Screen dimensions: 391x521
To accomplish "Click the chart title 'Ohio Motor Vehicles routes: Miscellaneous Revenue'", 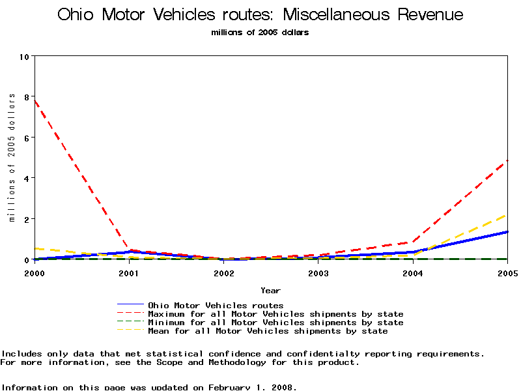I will point(260,15).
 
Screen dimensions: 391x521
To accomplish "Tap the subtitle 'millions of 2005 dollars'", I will point(260,33).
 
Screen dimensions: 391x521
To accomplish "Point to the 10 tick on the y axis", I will point(26,56).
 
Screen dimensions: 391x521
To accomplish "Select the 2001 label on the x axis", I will point(130,273).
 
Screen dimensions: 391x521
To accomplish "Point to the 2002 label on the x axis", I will point(224,273).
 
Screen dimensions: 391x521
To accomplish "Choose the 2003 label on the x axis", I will point(318,273).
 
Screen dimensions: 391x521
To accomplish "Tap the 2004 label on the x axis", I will point(413,273).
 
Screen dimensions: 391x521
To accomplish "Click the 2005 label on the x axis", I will point(507,273).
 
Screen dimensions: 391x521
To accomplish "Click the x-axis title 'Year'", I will point(270,290).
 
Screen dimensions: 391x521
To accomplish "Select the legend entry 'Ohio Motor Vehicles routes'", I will point(216,305).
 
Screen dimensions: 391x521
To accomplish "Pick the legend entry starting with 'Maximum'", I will point(275,314).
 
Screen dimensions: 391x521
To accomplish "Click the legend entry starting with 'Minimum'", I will point(275,323).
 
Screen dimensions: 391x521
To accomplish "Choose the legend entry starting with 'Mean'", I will point(268,331).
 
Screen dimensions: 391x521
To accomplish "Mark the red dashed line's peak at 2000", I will point(34,100).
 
